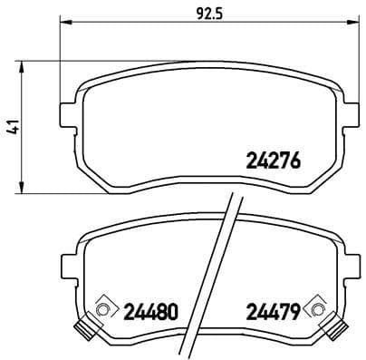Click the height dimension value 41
13,128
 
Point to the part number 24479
273,311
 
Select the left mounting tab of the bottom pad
67,265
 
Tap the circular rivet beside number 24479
316,311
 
